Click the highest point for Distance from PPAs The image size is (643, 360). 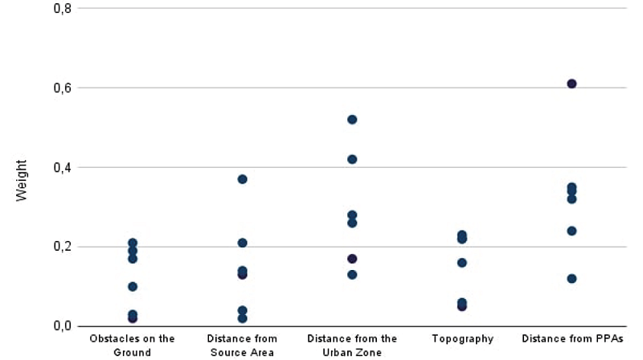point(571,84)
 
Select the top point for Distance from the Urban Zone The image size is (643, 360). point(352,120)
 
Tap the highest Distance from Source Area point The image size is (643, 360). point(242,179)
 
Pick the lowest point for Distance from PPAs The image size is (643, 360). point(571,279)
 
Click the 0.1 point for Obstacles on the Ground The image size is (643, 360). point(133,287)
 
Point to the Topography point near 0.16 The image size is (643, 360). point(462,263)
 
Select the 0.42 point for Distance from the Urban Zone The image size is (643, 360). point(352,159)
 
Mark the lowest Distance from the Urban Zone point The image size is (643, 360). point(352,275)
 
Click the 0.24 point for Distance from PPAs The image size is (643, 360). point(571,231)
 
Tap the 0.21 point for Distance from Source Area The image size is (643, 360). point(242,243)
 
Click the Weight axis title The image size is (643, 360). point(23,180)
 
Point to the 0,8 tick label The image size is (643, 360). point(62,9)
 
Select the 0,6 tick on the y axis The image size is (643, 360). point(62,88)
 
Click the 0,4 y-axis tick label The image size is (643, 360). point(62,167)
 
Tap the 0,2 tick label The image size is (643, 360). point(62,247)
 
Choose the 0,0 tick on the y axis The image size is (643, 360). point(62,326)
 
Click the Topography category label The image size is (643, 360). point(462,339)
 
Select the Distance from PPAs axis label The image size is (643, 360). point(571,339)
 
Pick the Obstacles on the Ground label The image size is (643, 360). point(133,346)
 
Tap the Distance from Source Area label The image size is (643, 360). point(242,346)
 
